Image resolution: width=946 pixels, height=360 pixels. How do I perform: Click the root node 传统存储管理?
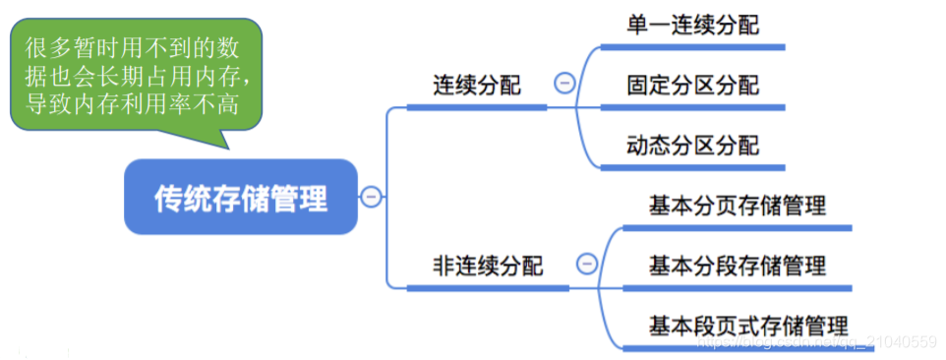tap(240, 198)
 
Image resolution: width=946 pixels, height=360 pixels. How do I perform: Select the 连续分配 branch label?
tap(476, 85)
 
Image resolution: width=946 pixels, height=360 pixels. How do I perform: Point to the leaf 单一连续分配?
tap(692, 25)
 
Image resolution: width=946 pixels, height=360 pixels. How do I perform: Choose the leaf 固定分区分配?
tap(692, 86)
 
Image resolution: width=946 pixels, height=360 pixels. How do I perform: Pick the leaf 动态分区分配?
tap(692, 147)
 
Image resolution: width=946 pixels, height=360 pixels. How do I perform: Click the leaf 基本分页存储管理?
tap(737, 207)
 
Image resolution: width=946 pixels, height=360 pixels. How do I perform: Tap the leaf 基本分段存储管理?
tap(737, 265)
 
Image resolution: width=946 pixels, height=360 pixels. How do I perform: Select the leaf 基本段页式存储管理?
tap(747, 325)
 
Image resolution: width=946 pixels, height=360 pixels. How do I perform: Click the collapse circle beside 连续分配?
tap(564, 85)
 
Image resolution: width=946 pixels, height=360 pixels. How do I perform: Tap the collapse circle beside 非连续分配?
tap(586, 264)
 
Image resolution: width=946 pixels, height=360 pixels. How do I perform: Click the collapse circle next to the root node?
tap(371, 197)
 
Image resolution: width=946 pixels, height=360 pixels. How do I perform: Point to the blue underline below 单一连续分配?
tap(692, 46)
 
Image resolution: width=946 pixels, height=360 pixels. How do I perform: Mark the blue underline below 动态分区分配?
tap(692, 168)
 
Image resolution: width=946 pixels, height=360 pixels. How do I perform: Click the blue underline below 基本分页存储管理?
tap(737, 228)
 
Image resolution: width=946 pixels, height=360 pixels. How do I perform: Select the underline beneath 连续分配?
tap(476, 107)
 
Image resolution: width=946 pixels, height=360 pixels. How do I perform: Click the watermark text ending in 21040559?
tap(816, 342)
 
